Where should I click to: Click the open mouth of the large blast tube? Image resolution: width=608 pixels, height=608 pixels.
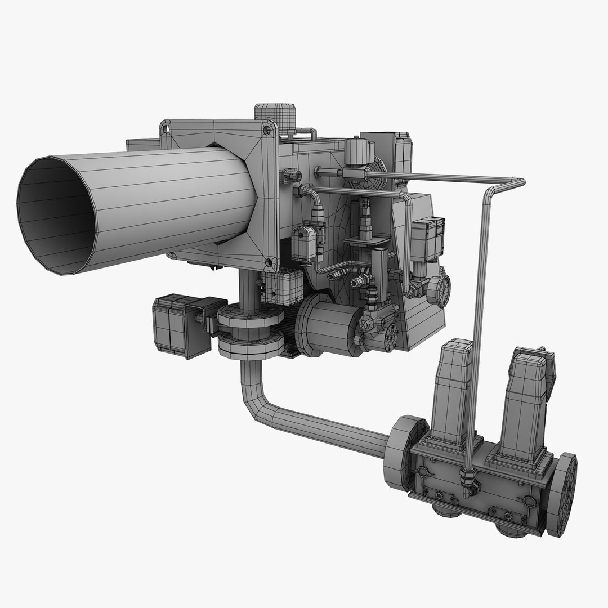[53, 217]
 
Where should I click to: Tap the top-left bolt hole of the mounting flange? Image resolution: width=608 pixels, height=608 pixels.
[165, 128]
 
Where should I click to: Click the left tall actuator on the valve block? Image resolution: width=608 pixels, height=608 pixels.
[454, 388]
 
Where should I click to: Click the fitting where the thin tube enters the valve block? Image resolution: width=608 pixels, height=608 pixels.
[467, 479]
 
